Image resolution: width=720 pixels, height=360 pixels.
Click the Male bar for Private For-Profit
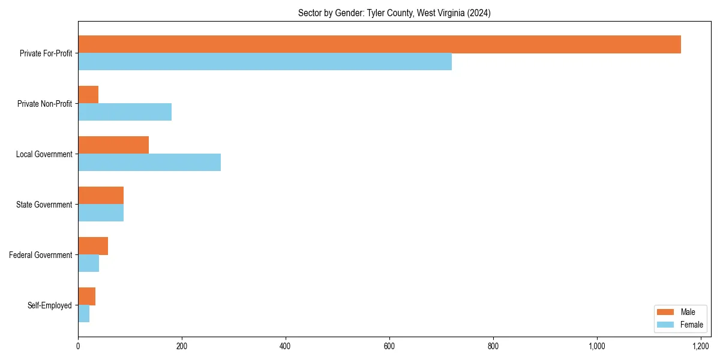379,44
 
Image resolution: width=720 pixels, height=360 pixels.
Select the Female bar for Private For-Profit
265,62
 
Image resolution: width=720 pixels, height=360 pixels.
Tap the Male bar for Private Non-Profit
88,95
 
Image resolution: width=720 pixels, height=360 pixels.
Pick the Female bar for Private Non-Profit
125,112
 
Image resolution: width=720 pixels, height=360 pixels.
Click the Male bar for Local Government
113,145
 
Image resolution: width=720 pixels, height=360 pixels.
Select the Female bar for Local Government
149,163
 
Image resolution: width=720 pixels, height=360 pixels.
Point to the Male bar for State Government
101,196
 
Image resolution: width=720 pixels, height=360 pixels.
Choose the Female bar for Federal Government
89,263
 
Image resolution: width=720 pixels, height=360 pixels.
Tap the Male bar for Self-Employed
87,296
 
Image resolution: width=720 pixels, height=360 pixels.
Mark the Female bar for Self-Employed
84,314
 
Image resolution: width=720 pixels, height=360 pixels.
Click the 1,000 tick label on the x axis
597,346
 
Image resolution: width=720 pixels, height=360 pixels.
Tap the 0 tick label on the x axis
78,346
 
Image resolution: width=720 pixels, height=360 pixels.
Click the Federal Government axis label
41,255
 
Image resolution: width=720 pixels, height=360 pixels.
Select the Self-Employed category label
50,305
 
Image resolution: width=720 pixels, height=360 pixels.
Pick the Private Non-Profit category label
45,104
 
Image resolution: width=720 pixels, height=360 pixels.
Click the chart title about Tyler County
394,13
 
